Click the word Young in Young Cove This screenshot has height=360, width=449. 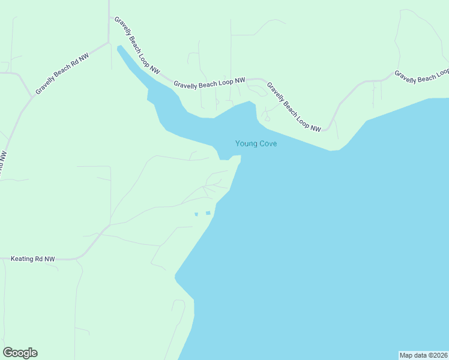coord(246,143)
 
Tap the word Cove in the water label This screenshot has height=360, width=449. coord(267,143)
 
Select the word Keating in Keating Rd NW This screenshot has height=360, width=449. coord(23,259)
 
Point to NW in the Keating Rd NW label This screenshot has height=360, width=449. coord(50,259)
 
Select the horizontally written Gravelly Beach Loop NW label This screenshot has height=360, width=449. coord(209,83)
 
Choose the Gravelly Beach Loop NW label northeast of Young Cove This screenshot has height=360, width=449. coord(294,107)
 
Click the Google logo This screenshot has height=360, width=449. coord(20,353)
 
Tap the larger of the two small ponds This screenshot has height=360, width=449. coord(208,212)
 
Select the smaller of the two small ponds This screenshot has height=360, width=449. coord(196,214)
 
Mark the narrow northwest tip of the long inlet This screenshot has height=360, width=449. coord(119,47)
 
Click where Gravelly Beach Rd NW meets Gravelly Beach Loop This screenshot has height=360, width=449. coord(109,42)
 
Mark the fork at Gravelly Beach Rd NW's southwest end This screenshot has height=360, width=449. coord(31,96)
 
